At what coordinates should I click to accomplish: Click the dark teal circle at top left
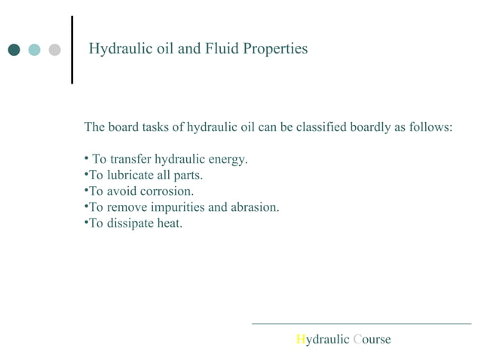point(14,50)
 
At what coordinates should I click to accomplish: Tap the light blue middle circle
point(34,50)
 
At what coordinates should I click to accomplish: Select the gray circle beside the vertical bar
point(54,50)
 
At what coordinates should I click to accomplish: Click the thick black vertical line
point(72,50)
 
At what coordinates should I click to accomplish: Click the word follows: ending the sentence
point(430,127)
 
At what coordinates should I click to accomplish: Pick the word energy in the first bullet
point(228,160)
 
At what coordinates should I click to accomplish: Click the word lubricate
point(133,175)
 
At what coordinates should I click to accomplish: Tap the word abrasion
point(254,206)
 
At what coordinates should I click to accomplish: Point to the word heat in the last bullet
point(168,222)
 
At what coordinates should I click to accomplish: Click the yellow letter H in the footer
point(300,340)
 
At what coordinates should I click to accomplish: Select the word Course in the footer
point(372,340)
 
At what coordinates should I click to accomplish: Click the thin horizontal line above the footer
point(361,324)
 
